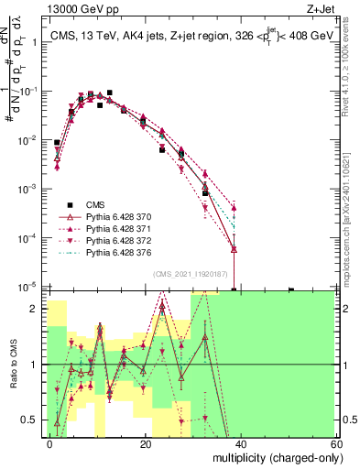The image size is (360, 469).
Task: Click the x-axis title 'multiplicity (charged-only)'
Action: [274, 457]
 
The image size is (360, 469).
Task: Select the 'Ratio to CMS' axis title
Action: [13, 365]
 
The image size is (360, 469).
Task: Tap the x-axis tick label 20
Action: [146, 443]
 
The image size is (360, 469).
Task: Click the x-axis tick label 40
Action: [241, 443]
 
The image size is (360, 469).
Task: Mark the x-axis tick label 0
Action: [50, 443]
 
